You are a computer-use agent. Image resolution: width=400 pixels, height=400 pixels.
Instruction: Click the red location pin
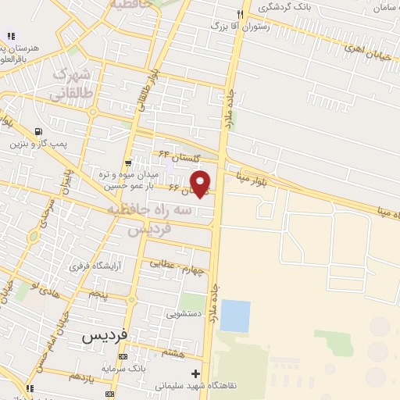pos(201,183)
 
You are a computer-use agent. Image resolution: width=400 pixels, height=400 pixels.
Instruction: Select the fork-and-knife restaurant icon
pos(242,14)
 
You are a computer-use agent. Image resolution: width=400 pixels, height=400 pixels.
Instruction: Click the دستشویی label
pos(184,313)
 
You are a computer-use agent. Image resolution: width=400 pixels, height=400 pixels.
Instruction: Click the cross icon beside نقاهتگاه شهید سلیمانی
pos(196,374)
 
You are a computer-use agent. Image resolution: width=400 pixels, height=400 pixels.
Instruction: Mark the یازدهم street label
pos(81,377)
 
